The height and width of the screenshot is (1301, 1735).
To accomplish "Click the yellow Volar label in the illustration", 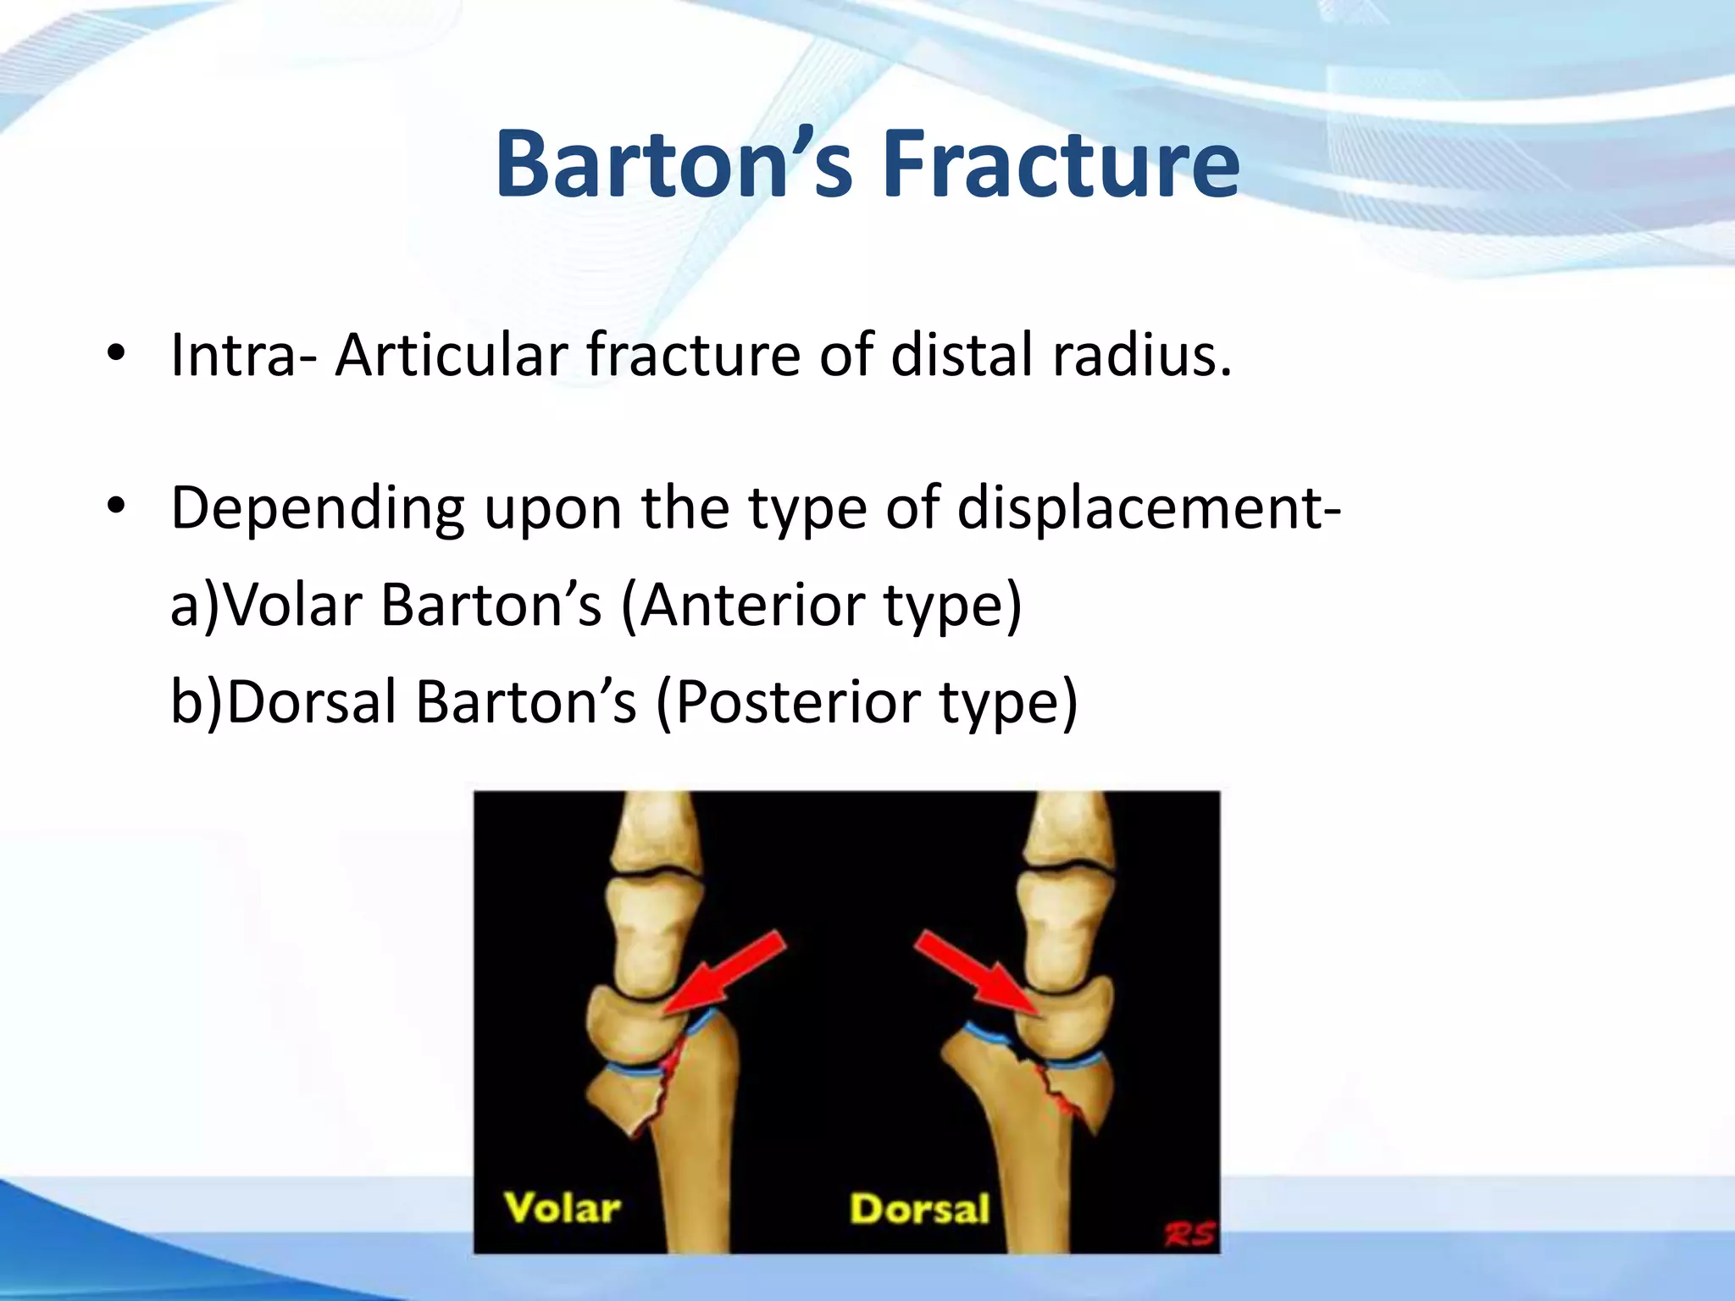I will click(563, 1208).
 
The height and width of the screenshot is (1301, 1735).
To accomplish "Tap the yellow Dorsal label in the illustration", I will click(919, 1209).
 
